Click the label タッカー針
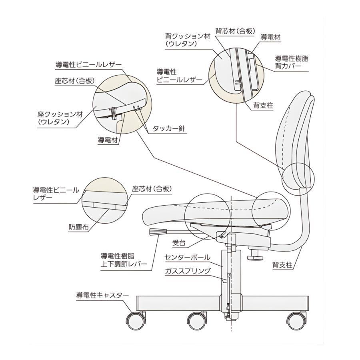tap(169, 129)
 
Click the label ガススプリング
tap(187, 271)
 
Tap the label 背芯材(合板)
tap(235, 31)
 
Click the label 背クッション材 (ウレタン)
tap(187, 40)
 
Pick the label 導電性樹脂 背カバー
tap(292, 62)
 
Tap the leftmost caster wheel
tap(136, 320)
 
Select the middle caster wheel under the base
tap(197, 320)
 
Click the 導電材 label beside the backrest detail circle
tap(270, 37)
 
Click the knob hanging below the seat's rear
tap(254, 254)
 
